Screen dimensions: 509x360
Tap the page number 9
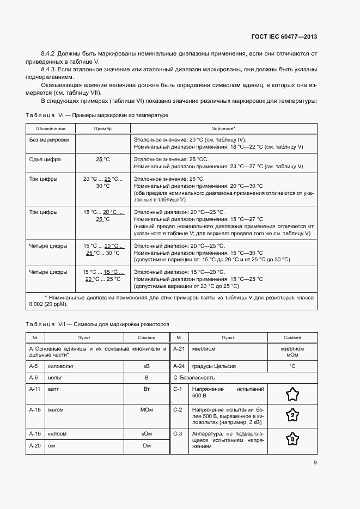(x=315, y=463)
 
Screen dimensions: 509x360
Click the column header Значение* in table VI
(x=224, y=128)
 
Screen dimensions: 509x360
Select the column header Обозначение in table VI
(x=51, y=128)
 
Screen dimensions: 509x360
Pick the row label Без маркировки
(x=49, y=140)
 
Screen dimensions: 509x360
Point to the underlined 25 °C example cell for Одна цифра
(x=102, y=160)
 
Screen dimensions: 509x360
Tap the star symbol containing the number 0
(x=292, y=439)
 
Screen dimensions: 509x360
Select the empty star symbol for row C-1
(x=292, y=393)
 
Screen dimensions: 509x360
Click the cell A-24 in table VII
(x=179, y=366)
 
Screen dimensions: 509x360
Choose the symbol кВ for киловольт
(x=146, y=366)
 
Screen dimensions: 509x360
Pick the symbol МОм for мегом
(x=146, y=409)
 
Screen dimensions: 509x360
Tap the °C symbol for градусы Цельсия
(x=292, y=366)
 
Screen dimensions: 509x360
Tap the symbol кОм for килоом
(x=146, y=434)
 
